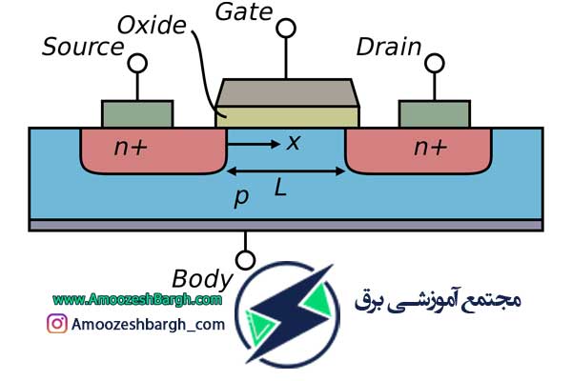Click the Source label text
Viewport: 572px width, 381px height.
83,47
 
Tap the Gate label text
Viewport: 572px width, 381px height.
244,11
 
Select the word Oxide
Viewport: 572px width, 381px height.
152,25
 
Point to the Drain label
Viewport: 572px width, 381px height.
389,47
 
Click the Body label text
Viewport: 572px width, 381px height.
202,280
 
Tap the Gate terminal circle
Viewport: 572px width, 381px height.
286,28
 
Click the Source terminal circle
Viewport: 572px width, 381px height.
137,63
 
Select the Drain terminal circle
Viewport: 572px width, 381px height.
435,63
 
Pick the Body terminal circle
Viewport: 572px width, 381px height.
245,260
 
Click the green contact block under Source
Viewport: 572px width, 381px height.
137,113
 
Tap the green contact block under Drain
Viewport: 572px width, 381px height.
435,113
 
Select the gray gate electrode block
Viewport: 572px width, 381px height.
288,92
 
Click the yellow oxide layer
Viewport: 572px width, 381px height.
288,117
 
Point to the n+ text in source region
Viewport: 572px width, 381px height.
131,147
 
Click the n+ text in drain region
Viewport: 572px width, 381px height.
430,147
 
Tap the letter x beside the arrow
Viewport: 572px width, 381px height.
294,142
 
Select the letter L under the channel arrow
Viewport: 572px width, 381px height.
280,189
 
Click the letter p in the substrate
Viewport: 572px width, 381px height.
241,197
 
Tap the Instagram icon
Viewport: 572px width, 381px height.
57,324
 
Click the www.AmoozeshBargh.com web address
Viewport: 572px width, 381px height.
137,300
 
